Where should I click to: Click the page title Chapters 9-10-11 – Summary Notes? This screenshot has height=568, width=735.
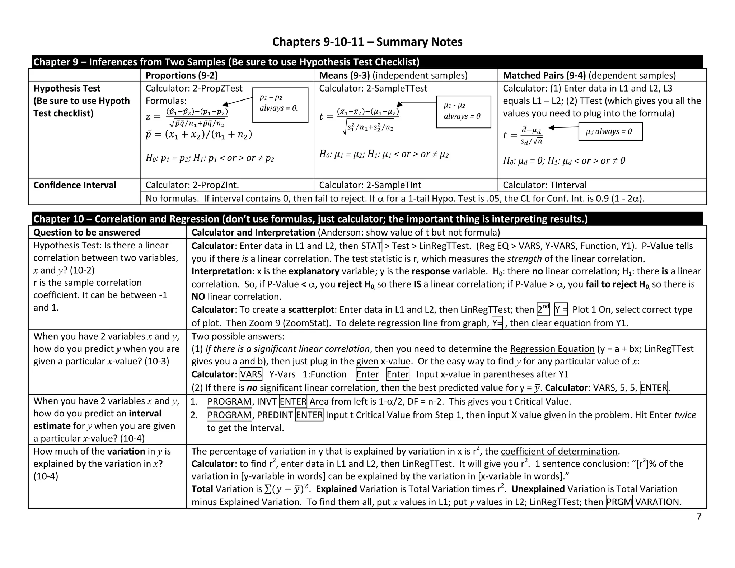coord(367,42)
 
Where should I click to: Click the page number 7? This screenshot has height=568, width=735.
coord(699,516)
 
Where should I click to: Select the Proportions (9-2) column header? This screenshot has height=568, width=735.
coord(182,75)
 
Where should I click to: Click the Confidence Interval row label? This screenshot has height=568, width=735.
coord(75,185)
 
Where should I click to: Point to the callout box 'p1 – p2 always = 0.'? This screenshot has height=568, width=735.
coord(280,105)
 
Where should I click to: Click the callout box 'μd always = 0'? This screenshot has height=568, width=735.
coord(610,131)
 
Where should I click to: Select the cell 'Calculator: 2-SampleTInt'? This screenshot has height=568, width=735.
coord(370,185)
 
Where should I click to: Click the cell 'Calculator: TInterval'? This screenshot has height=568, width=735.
coord(544,185)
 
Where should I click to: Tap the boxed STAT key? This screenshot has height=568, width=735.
coord(371,246)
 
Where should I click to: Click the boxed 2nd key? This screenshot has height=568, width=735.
coord(543,309)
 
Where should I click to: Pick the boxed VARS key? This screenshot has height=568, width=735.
coord(251,374)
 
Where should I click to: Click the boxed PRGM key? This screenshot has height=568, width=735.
coord(619,502)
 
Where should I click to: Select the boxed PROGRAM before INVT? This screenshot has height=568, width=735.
coord(229,401)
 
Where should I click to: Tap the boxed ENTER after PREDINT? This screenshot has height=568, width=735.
coord(309,415)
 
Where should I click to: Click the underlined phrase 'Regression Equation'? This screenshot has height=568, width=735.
coord(552,349)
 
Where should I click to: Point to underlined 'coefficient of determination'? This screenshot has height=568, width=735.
coord(559,451)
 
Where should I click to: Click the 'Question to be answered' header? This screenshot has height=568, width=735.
coord(86,232)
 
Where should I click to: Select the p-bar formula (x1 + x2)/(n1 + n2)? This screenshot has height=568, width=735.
coord(198,135)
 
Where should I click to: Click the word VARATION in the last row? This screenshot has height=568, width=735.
coord(657,502)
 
